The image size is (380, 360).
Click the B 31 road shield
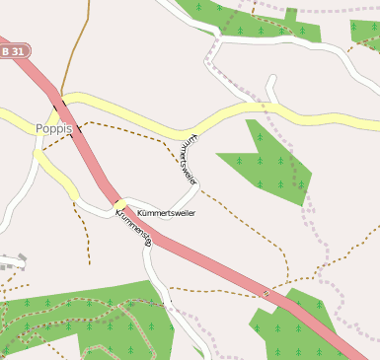(x=14, y=50)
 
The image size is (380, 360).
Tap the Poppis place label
(x=54, y=128)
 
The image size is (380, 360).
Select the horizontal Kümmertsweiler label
(x=167, y=213)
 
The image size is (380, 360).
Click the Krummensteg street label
(x=133, y=224)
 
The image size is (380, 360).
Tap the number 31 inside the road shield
(x=20, y=50)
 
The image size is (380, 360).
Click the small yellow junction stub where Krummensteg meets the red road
(x=120, y=204)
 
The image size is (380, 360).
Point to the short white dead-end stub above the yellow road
(x=270, y=91)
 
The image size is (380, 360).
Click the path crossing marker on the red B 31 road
(x=266, y=293)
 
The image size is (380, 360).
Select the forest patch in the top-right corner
(x=365, y=33)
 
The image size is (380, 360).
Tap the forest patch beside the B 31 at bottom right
(x=296, y=330)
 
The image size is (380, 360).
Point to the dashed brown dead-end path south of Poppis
(x=85, y=237)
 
